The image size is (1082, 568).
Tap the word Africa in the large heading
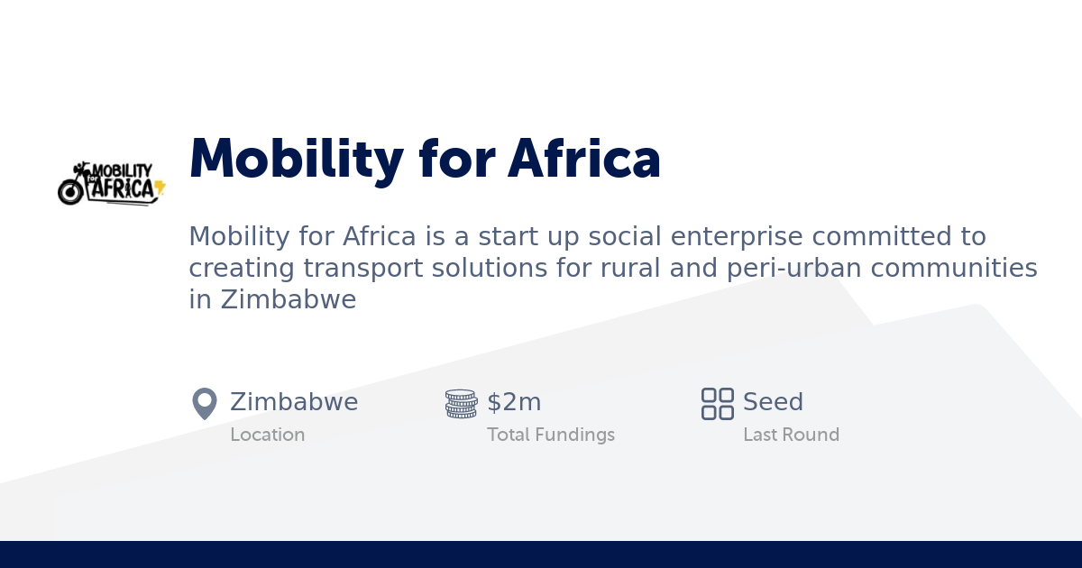tap(584, 160)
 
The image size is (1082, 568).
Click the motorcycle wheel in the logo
tap(70, 191)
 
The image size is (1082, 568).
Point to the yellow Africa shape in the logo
tap(160, 188)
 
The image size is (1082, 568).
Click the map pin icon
tap(205, 404)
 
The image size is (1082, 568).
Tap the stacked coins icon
tap(461, 404)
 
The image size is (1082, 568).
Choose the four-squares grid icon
tap(718, 404)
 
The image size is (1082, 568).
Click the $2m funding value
tap(514, 402)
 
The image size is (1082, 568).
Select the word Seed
tap(773, 402)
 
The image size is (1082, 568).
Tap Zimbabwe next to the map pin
tap(294, 402)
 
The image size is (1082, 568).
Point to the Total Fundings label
tap(551, 435)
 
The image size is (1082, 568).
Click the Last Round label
tap(791, 435)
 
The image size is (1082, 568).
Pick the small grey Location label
tap(268, 435)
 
